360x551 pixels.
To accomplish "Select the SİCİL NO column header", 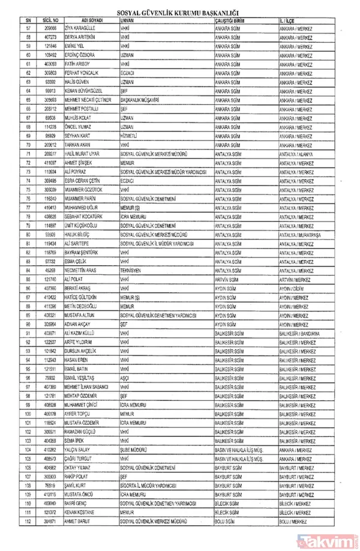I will (49, 20).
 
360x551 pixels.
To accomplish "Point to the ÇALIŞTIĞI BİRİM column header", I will (232, 20).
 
